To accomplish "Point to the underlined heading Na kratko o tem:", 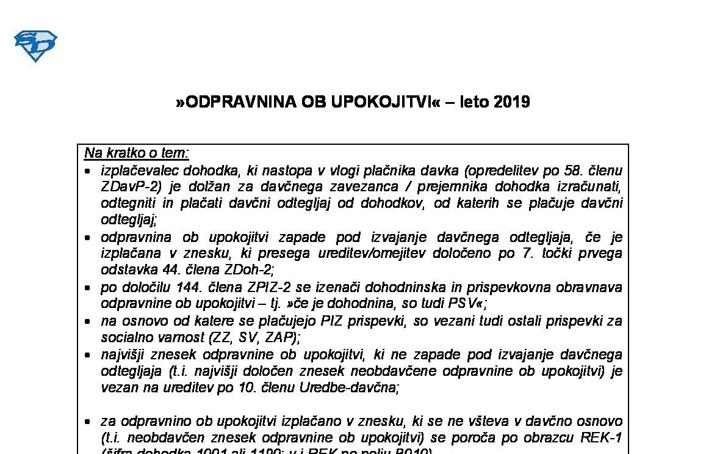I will tap(137, 153).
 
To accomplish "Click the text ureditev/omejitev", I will tap(368, 253).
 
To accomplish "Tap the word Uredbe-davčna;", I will tap(348, 387).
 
